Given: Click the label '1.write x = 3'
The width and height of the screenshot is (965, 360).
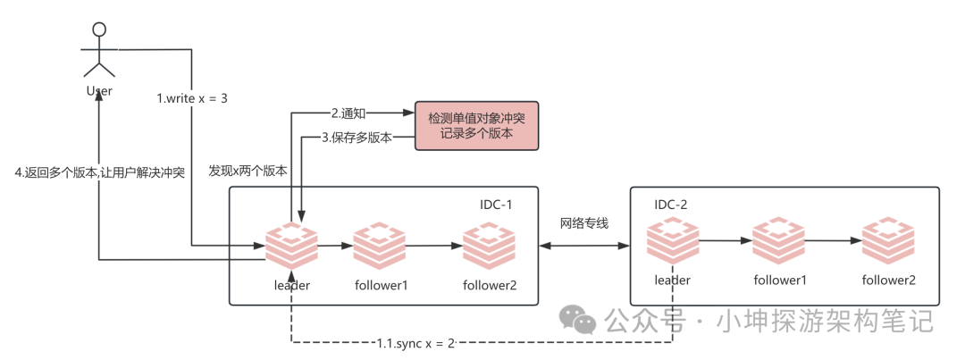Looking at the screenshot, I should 191,98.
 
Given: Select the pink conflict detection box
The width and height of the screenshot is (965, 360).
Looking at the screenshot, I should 476,125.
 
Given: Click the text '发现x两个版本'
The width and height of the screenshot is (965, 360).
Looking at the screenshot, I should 248,171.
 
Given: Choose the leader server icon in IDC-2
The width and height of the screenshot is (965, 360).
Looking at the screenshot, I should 672,240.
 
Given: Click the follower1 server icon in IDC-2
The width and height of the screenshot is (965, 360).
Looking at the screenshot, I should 778,240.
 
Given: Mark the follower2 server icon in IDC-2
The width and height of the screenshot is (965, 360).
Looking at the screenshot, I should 888,240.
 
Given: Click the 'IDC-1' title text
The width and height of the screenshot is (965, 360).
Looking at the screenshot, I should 497,205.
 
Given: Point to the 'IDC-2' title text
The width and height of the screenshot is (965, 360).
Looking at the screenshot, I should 672,205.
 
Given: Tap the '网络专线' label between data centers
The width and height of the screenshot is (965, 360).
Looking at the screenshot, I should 584,222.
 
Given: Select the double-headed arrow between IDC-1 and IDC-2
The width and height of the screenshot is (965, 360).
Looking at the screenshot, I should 585,245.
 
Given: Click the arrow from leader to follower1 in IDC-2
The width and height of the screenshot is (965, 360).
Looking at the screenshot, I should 725,240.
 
